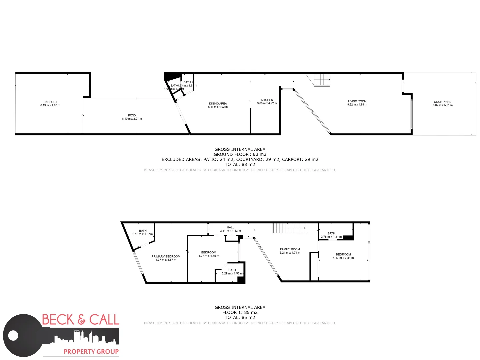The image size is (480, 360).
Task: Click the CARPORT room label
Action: (x=50, y=102)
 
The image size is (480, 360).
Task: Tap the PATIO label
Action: (x=132, y=115)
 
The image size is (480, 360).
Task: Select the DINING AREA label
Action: (x=218, y=104)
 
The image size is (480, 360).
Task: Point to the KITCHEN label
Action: (x=267, y=100)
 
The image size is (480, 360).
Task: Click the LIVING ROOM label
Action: (x=357, y=101)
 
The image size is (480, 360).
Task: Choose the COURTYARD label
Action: (x=443, y=102)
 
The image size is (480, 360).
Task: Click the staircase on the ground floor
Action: (x=322, y=80)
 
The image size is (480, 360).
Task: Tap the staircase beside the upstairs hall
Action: (x=289, y=229)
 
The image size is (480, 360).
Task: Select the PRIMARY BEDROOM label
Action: (x=166, y=256)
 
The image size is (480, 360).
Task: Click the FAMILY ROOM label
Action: (x=290, y=249)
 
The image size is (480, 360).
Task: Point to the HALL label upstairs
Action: (x=230, y=227)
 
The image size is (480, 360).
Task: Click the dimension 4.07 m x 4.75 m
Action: (x=209, y=256)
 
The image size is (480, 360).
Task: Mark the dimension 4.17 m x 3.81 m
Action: (x=343, y=258)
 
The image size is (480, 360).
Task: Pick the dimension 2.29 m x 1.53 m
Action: (x=232, y=273)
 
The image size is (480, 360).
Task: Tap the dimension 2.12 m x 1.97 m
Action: (x=143, y=234)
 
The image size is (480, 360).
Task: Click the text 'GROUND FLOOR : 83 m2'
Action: (x=240, y=154)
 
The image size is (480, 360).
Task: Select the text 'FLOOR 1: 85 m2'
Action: (x=240, y=312)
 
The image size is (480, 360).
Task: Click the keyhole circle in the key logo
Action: (x=13, y=335)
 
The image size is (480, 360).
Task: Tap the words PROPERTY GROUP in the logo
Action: (x=91, y=351)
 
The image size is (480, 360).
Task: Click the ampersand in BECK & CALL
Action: (x=82, y=320)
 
